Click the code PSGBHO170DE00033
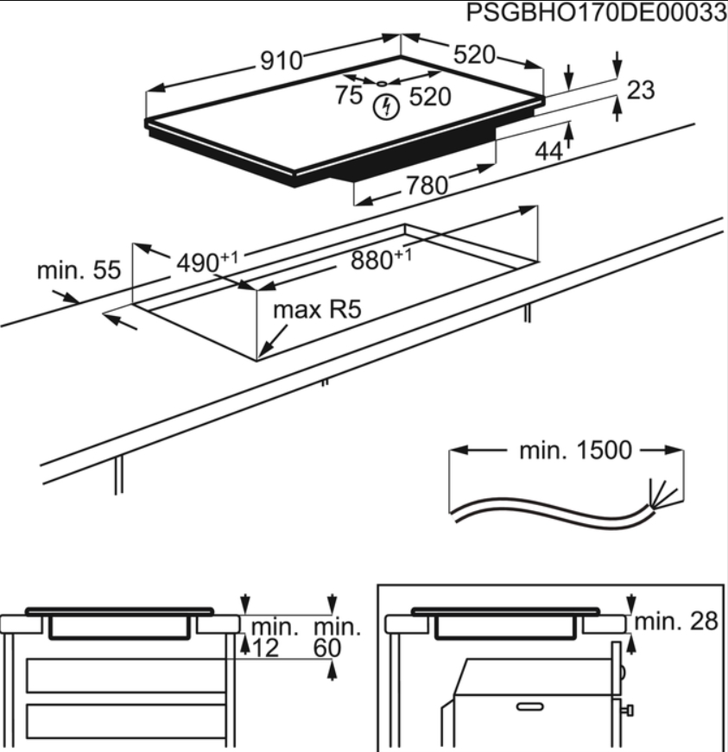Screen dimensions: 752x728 pos(594,15)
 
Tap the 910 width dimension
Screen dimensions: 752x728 pos(282,60)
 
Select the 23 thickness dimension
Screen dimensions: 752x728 pos(641,90)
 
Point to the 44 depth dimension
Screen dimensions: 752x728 pos(548,151)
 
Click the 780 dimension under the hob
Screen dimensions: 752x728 pos(427,185)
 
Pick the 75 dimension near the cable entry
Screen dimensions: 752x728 pos(350,96)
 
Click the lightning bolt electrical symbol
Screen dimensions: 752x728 pos(389,107)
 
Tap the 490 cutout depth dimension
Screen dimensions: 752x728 pos(204,262)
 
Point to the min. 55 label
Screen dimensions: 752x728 pos(78,271)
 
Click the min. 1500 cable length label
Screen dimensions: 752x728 pos(575,451)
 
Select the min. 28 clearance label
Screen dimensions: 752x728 pos(679,622)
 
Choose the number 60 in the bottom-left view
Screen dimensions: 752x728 pos(328,648)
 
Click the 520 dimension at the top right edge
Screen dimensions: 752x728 pos(475,55)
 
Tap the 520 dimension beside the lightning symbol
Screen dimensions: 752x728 pos(429,98)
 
